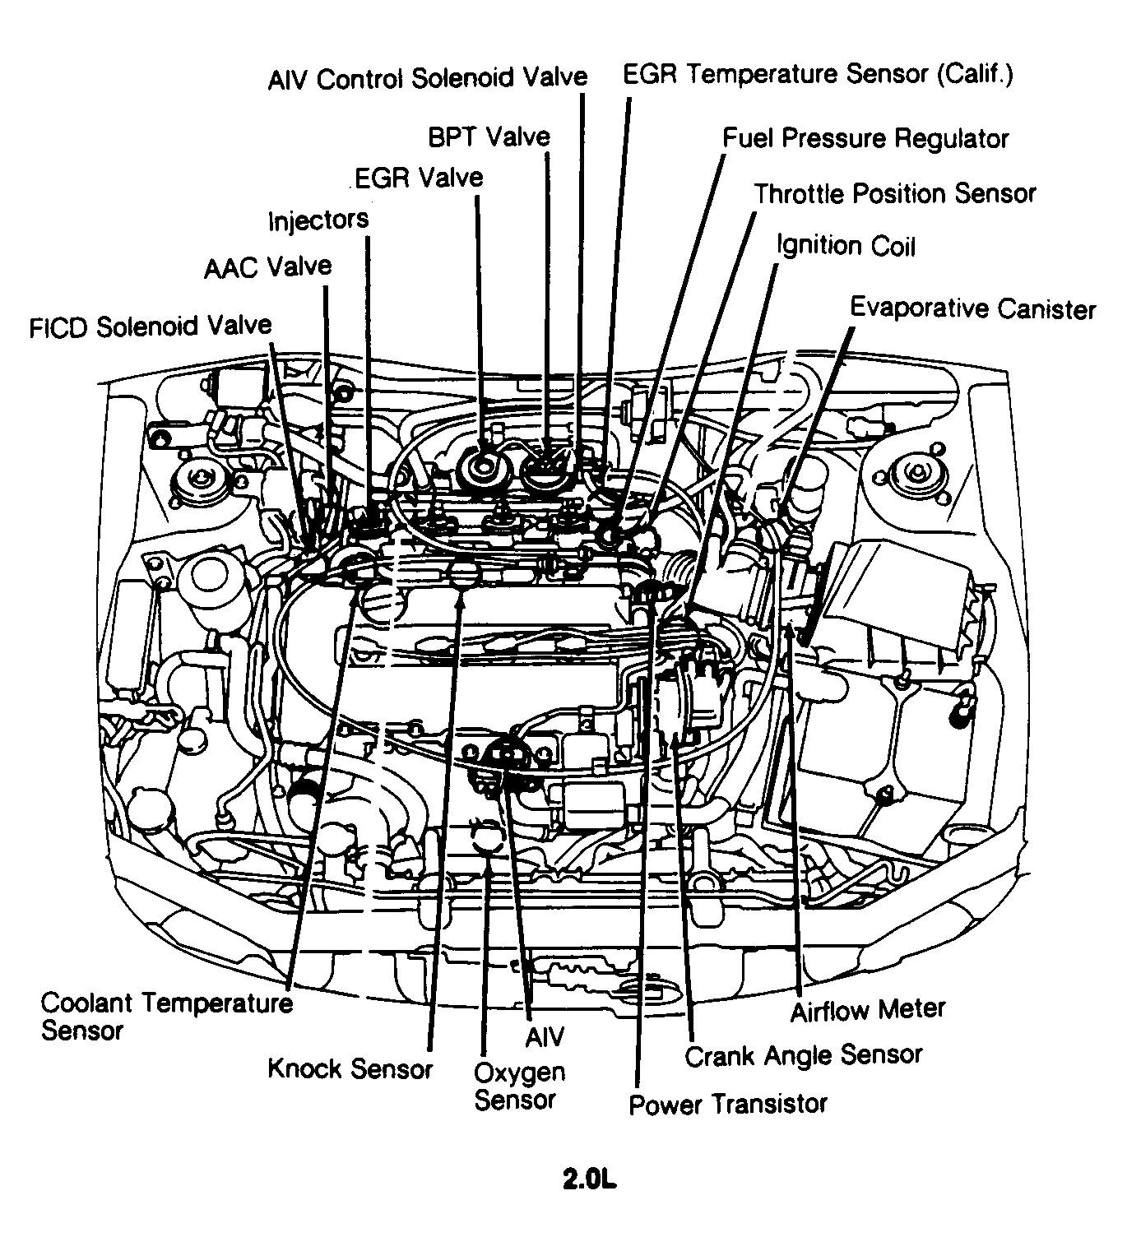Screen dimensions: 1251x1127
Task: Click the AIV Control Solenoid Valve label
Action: [427, 79]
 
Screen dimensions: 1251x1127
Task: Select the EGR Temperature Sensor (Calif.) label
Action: [818, 75]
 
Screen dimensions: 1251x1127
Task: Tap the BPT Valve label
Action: [489, 137]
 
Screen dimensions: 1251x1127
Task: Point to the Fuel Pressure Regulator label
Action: [865, 138]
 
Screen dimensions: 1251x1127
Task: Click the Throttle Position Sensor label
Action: [895, 194]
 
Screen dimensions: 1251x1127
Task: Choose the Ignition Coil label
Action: [846, 246]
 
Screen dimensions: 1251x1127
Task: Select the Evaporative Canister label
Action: [972, 308]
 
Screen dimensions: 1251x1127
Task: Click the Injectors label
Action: [318, 220]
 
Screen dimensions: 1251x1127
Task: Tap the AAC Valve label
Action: [268, 267]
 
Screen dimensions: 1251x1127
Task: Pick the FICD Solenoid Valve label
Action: [151, 327]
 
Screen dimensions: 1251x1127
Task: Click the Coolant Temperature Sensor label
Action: [166, 1017]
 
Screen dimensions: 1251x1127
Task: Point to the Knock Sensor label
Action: [350, 1068]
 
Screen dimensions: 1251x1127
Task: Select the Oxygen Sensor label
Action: [519, 1086]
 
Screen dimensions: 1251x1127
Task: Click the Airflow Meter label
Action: [868, 1009]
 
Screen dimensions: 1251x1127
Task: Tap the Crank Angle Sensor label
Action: [803, 1055]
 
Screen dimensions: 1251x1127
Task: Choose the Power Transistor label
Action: [727, 1103]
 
